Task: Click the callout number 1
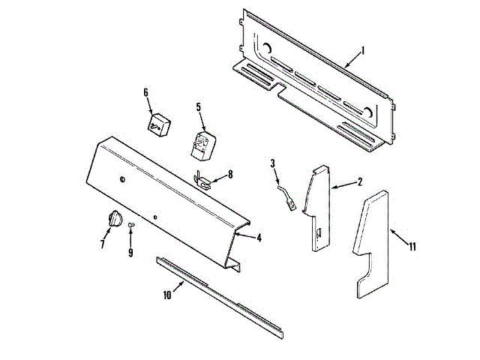(362, 51)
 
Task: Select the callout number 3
(273, 163)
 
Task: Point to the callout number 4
(258, 238)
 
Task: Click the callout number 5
(199, 107)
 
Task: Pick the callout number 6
(146, 92)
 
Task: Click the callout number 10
(167, 295)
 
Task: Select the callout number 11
(412, 244)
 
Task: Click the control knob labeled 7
(114, 219)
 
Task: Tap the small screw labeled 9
(130, 224)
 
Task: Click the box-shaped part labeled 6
(158, 124)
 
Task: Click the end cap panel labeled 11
(371, 240)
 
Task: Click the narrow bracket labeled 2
(318, 206)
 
